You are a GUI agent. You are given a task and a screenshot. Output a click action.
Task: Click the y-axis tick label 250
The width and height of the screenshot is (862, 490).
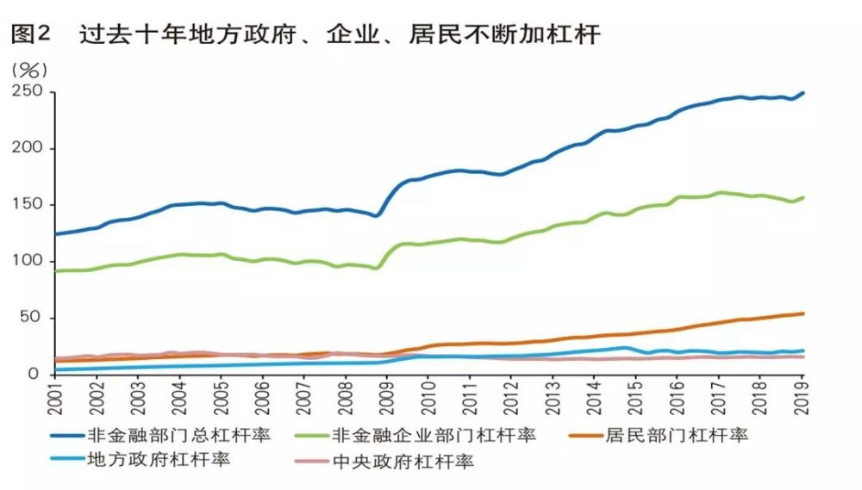[28, 92]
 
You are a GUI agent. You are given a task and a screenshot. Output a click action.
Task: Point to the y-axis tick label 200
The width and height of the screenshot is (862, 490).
[28, 148]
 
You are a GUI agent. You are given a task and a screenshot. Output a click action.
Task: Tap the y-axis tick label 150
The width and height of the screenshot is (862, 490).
[28, 205]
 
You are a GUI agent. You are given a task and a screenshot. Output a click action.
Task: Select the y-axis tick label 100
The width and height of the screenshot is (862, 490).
[28, 261]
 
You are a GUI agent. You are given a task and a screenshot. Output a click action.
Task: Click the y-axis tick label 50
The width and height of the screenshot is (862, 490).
[33, 318]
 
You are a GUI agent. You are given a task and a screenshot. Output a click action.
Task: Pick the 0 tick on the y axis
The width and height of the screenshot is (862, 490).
[37, 374]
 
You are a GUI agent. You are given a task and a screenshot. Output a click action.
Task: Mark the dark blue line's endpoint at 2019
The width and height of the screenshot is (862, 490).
[803, 93]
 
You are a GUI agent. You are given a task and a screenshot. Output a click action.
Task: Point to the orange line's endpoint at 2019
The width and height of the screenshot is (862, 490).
[803, 313]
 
